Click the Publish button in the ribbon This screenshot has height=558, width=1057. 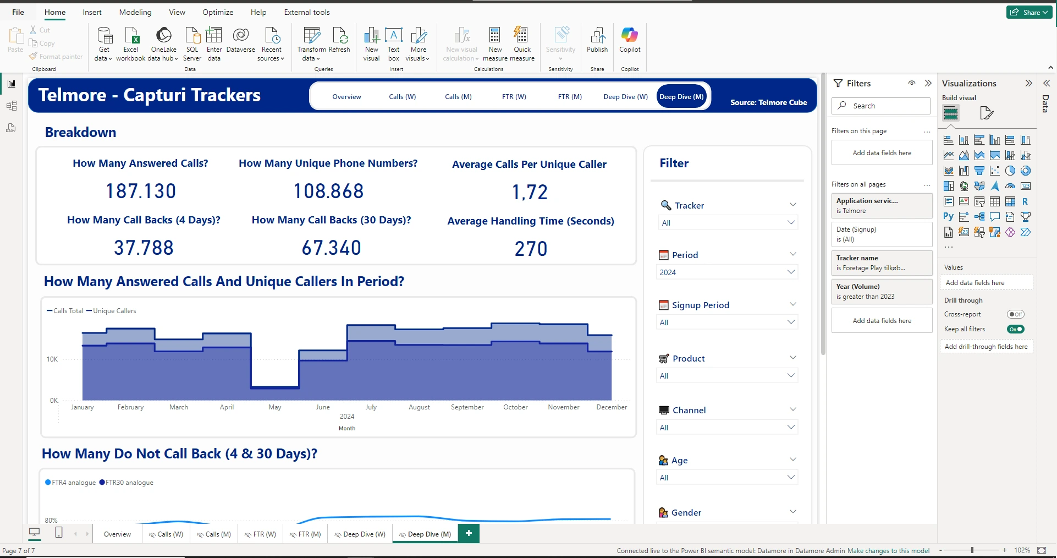(x=597, y=41)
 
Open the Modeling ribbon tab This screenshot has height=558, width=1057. (x=135, y=12)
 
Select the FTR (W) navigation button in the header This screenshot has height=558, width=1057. (x=514, y=97)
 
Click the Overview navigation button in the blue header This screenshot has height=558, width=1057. (x=346, y=97)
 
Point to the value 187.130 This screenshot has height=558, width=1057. (x=141, y=192)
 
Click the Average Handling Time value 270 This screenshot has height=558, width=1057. (x=531, y=249)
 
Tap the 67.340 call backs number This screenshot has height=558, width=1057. (x=331, y=248)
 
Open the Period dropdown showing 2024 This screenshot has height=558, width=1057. (x=727, y=272)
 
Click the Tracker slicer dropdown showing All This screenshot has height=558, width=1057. (x=727, y=223)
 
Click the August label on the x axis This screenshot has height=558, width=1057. (x=419, y=407)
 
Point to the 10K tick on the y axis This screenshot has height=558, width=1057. (x=52, y=359)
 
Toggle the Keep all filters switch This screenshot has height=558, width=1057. (x=1015, y=329)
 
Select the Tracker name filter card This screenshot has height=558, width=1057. (x=882, y=262)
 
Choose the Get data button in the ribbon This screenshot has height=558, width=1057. (x=103, y=43)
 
